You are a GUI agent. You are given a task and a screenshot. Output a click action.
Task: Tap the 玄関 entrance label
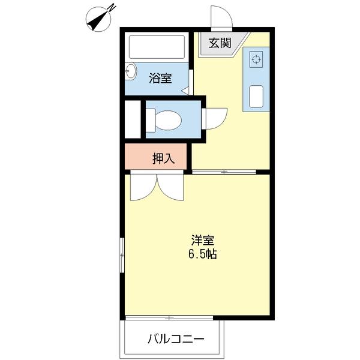(x=220, y=43)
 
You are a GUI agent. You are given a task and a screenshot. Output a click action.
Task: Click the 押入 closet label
(x=163, y=158)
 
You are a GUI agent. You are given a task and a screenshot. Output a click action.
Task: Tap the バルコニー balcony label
(x=176, y=339)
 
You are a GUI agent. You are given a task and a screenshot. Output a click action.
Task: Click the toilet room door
(x=213, y=118)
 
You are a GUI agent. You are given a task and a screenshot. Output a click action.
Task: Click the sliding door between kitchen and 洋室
(x=223, y=172)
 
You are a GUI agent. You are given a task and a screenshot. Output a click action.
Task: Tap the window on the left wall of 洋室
(x=122, y=255)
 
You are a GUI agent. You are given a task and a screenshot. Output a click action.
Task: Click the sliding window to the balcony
(x=170, y=317)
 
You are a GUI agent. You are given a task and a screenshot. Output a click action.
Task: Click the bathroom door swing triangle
(x=186, y=91)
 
